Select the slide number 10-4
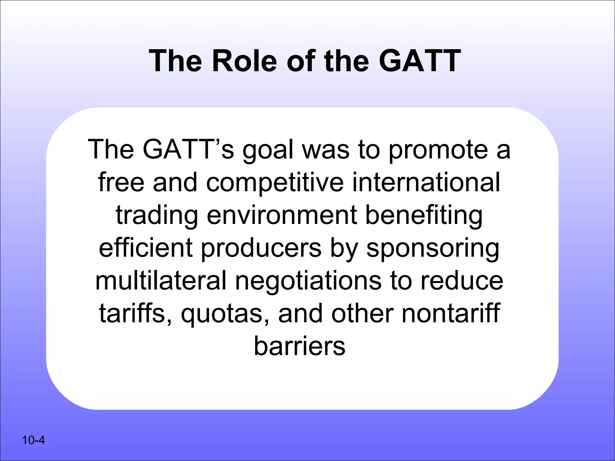coord(33,440)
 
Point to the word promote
coord(438,150)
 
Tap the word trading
coord(157,215)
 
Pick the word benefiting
coord(424,215)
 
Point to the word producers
coord(261,249)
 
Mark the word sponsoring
coord(433,249)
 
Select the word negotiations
coord(308,281)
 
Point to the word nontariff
coord(451,313)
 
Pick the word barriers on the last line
coord(300,346)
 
